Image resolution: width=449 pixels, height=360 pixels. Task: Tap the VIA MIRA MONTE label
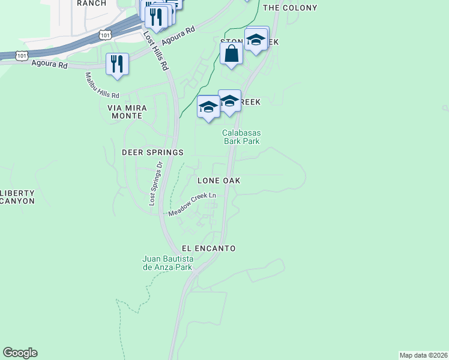125,111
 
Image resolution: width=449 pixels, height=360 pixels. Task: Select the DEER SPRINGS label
152,152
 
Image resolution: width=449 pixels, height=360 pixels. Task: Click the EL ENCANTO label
209,248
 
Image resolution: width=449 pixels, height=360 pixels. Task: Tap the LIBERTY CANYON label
17,197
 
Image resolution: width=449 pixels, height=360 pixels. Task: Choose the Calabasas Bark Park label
241,137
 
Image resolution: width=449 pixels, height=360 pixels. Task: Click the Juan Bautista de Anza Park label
167,263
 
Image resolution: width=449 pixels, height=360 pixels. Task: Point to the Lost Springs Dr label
155,184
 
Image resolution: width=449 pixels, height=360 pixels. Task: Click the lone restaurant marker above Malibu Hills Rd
117,64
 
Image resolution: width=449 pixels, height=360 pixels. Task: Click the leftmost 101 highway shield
22,55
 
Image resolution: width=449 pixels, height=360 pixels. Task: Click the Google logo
20,353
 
